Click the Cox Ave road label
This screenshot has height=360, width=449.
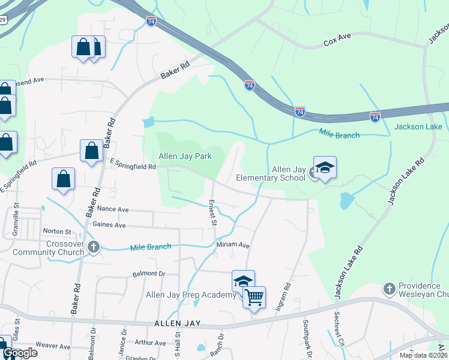[337, 43]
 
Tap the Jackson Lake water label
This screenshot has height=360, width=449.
[418, 127]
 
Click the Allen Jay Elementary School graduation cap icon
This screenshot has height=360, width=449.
[325, 167]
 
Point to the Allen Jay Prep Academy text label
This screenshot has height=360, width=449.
[191, 295]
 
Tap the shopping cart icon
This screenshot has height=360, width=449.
[254, 296]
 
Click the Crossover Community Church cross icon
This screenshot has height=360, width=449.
[93, 247]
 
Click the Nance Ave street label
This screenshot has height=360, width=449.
[113, 209]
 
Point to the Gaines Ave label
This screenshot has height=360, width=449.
[109, 225]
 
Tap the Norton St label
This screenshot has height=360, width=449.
[57, 231]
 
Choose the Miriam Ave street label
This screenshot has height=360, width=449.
[233, 245]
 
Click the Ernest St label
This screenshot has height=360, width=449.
[212, 212]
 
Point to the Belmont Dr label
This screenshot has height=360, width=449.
[148, 274]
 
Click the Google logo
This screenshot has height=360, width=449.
[20, 352]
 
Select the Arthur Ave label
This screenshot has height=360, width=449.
[150, 343]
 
